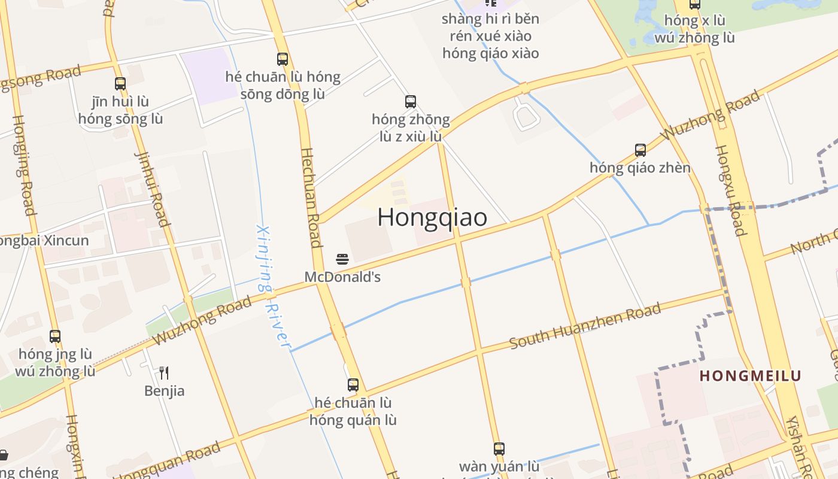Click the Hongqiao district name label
pyautogui.click(x=432, y=217)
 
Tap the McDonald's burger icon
pyautogui.click(x=342, y=259)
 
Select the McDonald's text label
pyautogui.click(x=342, y=277)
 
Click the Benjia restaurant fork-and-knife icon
pyautogui.click(x=164, y=373)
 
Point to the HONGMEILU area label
pyautogui.click(x=751, y=376)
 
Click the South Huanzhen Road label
pyautogui.click(x=585, y=326)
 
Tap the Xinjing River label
pyautogui.click(x=273, y=286)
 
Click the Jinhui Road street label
pyautogui.click(x=152, y=189)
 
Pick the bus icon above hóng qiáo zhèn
pyautogui.click(x=640, y=150)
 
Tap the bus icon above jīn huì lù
pyautogui.click(x=120, y=84)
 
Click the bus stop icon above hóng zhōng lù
pyautogui.click(x=410, y=102)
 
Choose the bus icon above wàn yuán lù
pyautogui.click(x=499, y=448)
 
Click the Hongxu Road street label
pyautogui.click(x=730, y=190)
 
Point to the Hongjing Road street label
pyautogui.click(x=22, y=165)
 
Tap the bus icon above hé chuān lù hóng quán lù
pyautogui.click(x=353, y=385)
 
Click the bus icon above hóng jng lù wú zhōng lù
pyautogui.click(x=55, y=336)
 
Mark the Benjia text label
pyautogui.click(x=164, y=391)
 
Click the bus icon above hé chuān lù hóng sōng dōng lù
pyautogui.click(x=283, y=59)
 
